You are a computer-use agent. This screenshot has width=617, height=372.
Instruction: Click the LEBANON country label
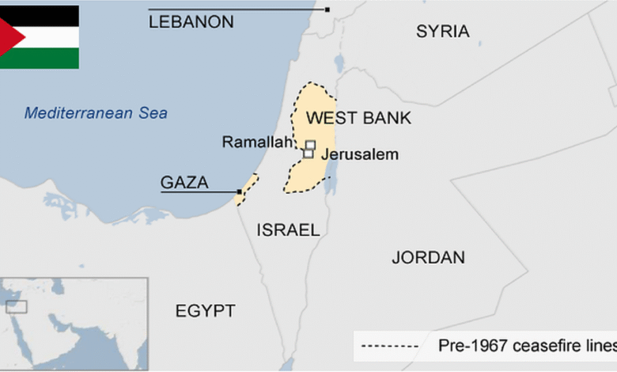(191, 22)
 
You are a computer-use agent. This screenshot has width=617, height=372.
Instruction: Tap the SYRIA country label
(442, 32)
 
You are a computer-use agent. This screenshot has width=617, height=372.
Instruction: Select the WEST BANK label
(358, 119)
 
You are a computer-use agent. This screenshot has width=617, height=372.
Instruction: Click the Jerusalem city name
(359, 155)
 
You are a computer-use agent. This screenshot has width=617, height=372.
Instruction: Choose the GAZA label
(184, 183)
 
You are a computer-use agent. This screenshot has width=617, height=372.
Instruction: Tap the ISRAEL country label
(288, 230)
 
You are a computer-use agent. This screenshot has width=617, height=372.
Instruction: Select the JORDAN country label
(428, 257)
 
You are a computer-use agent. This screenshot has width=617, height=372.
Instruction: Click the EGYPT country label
(205, 311)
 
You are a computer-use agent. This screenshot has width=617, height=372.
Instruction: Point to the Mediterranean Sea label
(96, 113)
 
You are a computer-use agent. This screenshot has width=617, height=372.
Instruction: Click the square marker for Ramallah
(310, 145)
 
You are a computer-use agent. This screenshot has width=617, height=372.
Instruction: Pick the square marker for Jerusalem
(308, 154)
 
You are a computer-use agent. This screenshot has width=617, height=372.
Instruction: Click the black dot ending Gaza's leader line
(240, 192)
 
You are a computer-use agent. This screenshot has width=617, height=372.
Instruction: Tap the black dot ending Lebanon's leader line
(327, 9)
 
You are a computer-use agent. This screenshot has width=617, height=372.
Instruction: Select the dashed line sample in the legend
(388, 346)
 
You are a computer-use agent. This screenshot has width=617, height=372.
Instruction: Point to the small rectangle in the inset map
(17, 306)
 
